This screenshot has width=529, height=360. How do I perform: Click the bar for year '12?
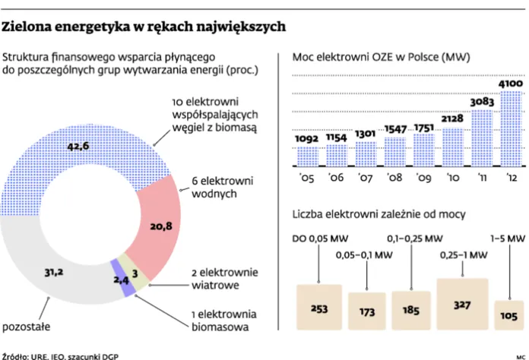click(x=508, y=129)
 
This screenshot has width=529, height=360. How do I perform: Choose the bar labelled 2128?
click(x=451, y=147)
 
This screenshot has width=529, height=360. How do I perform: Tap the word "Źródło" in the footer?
click(x=14, y=355)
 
